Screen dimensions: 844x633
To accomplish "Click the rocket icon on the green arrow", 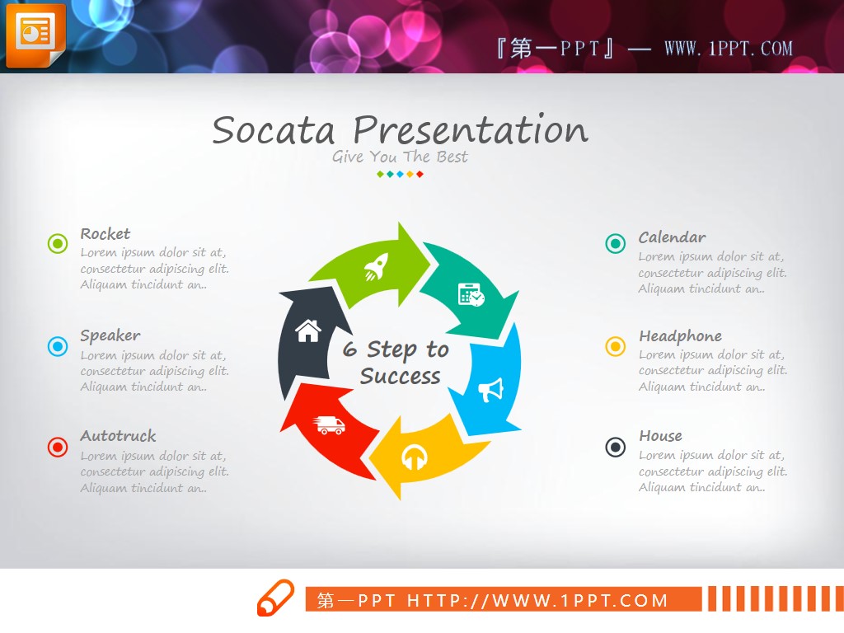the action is pos(376,266).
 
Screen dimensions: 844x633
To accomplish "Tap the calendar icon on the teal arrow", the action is pos(471,294).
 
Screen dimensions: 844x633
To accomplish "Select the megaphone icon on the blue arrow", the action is pos(491,389).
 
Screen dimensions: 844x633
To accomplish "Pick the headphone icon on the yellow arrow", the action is pos(415,457).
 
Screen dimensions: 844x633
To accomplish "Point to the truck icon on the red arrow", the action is pos(329,424).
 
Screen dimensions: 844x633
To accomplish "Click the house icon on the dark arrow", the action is pos(308,331).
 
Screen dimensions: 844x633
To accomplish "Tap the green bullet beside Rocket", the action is pos(58,243).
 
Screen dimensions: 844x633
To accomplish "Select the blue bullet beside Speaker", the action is pos(58,346).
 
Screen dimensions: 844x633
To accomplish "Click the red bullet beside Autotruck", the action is pos(58,447).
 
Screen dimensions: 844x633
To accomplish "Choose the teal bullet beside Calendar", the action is pos(615,243).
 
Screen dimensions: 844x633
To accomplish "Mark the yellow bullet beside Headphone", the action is pos(615,346).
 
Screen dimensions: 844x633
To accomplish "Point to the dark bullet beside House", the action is pos(615,447).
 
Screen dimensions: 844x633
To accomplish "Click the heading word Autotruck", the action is pos(118,435).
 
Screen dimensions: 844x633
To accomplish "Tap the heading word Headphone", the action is pos(680,336).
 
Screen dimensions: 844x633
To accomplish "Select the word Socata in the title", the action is pos(274,131).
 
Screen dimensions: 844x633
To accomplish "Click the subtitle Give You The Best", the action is pos(400,157).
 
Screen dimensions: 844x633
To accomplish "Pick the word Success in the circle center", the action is pos(400,376).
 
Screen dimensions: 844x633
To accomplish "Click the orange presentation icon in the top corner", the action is pos(35,35).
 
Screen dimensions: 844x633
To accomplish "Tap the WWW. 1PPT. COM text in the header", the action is pos(729,49).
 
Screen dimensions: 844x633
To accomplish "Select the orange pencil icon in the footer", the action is pos(275,598).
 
